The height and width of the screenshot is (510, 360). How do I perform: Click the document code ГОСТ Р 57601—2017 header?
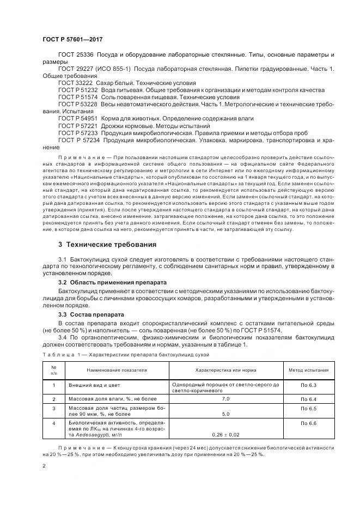(x=72, y=40)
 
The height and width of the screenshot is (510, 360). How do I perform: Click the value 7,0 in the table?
(x=226, y=399)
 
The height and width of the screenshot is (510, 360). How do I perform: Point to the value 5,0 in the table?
(x=226, y=414)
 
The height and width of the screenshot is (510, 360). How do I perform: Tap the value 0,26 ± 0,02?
(x=226, y=434)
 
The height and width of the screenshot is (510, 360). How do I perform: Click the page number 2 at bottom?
(x=43, y=466)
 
